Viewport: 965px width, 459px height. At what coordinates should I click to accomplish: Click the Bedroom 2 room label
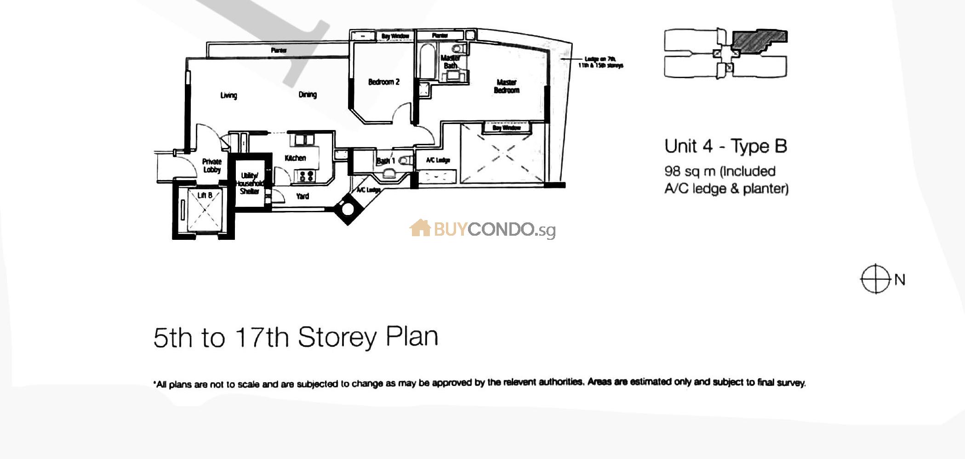coord(383,82)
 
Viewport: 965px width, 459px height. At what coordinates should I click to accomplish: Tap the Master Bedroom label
coord(506,86)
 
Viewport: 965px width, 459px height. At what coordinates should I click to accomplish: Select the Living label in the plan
coord(228,95)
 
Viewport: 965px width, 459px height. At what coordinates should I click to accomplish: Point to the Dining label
coord(308,95)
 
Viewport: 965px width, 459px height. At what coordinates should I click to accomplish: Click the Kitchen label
coord(295,158)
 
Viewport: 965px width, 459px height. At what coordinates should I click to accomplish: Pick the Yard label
coord(303,196)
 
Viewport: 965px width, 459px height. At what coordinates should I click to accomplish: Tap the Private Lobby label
coord(212,165)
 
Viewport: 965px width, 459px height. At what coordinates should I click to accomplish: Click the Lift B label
coord(205,195)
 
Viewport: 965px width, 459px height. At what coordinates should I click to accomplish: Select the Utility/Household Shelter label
coord(250,183)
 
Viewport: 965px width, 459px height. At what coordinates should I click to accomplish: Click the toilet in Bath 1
coord(405,161)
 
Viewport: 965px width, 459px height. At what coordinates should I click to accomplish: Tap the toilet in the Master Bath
coord(458,48)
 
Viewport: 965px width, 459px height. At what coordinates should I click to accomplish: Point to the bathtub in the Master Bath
coord(427,62)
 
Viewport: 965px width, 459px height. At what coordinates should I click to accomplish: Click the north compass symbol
coord(875,279)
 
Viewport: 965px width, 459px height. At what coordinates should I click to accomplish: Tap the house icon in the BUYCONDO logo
coord(420,228)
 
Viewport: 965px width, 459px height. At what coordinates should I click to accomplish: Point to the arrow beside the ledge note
coord(570,59)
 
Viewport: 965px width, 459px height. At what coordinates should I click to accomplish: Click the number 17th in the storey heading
coord(262,338)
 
